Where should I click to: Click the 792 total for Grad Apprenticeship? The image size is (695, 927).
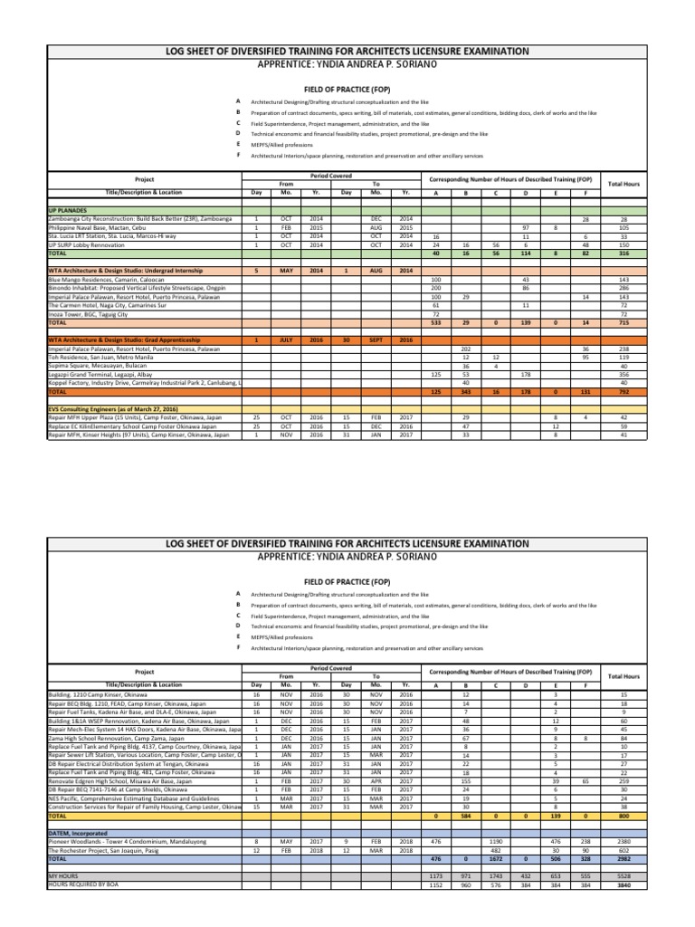624,392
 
